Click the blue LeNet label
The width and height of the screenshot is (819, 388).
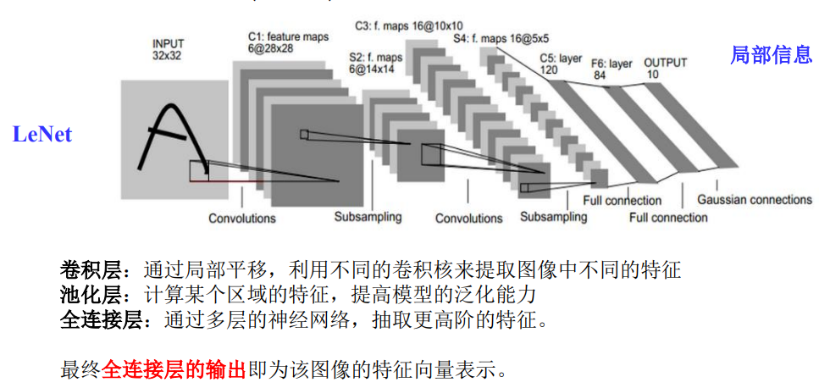tap(42, 134)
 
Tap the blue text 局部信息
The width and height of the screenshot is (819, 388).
tap(771, 56)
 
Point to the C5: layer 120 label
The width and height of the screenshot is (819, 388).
tap(561, 64)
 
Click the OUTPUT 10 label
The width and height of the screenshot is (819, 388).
tap(665, 69)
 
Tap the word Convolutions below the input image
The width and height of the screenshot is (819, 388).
tap(242, 219)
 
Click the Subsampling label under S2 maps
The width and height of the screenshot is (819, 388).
tap(368, 217)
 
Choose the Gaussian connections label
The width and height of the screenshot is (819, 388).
tap(754, 200)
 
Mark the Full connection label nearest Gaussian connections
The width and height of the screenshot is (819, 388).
tap(668, 218)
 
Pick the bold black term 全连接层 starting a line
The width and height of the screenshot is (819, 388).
tap(92, 321)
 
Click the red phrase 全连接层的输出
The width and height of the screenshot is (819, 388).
tap(173, 369)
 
